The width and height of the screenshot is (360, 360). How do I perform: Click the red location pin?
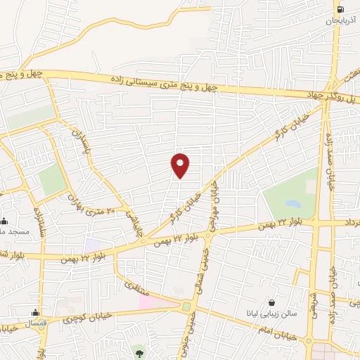180,165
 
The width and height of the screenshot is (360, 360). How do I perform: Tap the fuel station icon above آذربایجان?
341,10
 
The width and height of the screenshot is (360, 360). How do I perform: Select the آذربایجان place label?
341,22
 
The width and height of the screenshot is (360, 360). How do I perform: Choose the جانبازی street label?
134,224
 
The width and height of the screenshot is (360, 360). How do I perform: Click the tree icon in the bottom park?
139,350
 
